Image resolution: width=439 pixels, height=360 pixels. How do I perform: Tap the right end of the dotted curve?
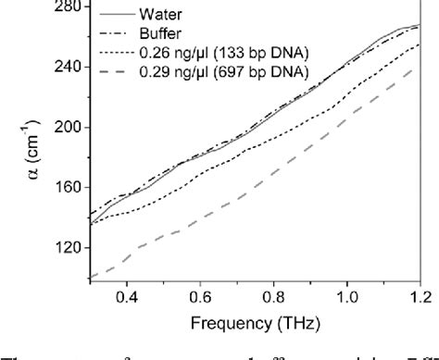click(x=420, y=44)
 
